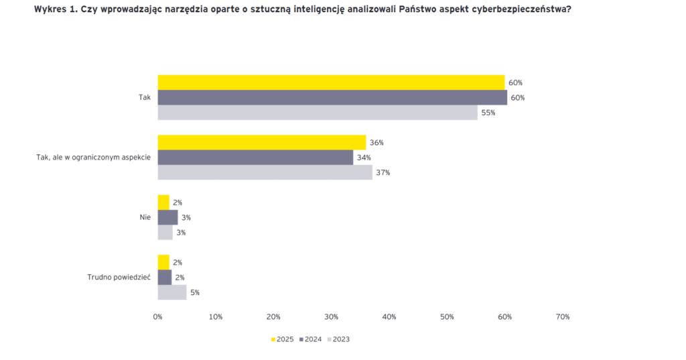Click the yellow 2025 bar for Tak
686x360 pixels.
331,82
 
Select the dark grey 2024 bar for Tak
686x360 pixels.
332,97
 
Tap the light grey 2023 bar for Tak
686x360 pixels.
318,113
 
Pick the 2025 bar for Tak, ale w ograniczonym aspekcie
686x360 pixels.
261,142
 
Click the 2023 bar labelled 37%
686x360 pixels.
265,172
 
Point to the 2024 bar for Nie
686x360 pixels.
167,217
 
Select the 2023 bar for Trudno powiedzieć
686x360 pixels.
171,292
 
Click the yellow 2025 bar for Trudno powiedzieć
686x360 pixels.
163,262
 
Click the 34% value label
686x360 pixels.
364,158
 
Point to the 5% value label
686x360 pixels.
194,292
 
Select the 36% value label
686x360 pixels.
376,143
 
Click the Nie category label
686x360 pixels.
145,217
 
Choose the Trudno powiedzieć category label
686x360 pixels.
119,277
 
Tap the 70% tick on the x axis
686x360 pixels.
562,316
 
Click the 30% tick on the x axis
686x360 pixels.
331,316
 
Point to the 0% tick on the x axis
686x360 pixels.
158,316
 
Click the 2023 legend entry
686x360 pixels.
338,339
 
